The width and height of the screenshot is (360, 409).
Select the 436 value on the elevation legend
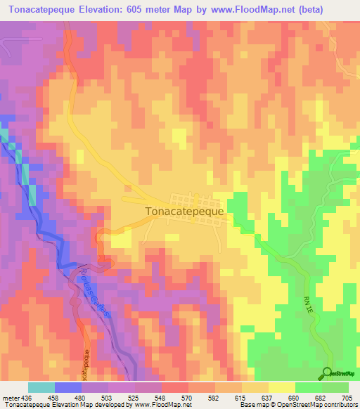26,397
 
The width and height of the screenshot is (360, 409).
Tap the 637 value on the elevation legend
268,397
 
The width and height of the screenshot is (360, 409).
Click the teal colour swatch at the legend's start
41,387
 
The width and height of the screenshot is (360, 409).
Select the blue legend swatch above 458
68,387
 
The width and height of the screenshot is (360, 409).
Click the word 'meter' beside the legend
10,397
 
